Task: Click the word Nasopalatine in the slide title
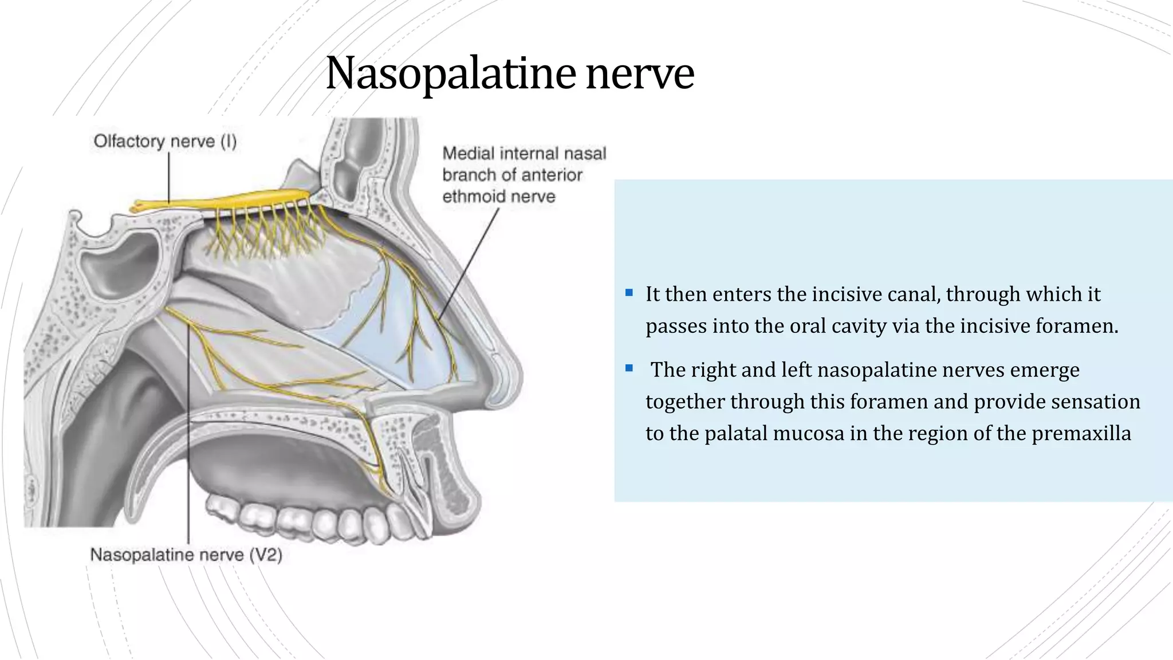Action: point(450,73)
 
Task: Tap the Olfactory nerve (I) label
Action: point(165,141)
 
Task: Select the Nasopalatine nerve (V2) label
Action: point(186,555)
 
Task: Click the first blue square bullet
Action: point(629,293)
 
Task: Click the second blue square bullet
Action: point(629,368)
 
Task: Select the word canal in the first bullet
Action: point(913,294)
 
